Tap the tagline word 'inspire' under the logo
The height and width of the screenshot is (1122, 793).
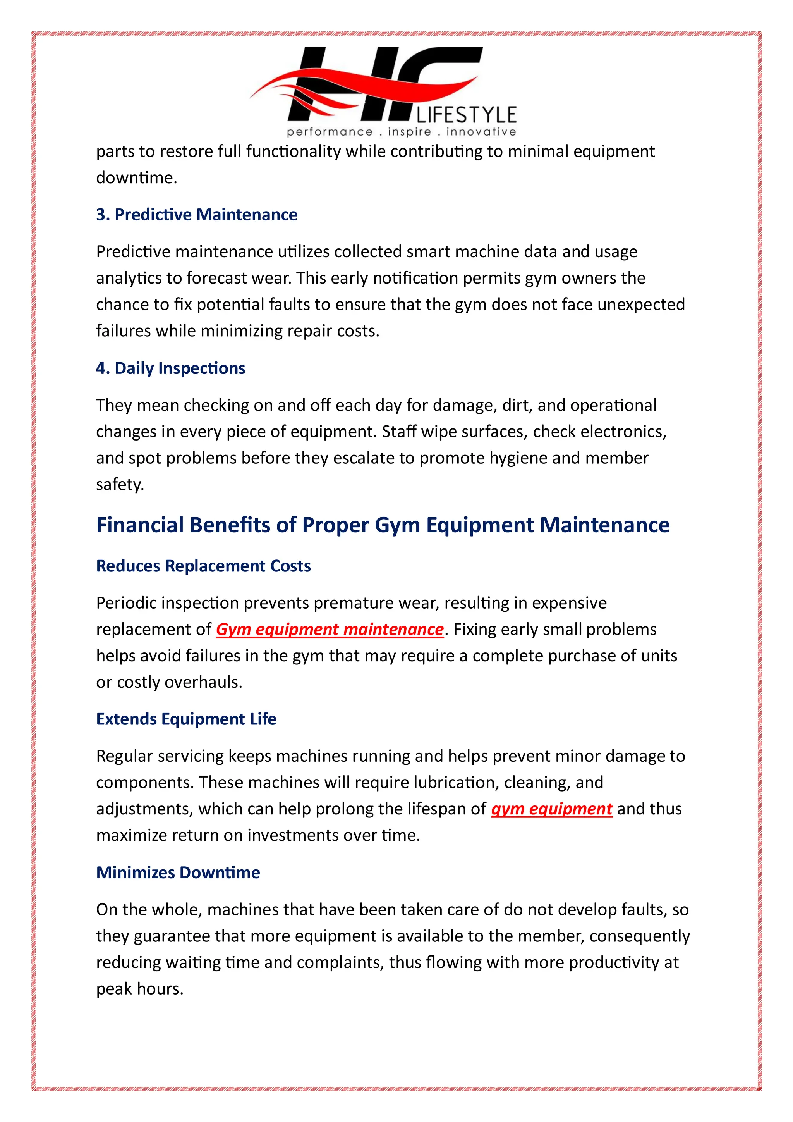(409, 132)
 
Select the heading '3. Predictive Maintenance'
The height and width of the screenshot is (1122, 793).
(196, 215)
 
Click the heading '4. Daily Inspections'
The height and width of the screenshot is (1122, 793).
(170, 368)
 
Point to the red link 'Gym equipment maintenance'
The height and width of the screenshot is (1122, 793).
(330, 630)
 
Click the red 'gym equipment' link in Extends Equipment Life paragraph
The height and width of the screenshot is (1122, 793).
(551, 809)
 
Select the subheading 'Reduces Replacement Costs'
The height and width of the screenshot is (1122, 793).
(203, 566)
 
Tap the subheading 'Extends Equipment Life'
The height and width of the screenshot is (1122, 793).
(186, 719)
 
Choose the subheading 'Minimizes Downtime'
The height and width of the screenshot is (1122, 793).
(178, 872)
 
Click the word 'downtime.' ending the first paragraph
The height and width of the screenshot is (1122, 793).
(136, 178)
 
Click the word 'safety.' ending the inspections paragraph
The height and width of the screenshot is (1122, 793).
(120, 485)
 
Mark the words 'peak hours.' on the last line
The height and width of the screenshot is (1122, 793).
(140, 989)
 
